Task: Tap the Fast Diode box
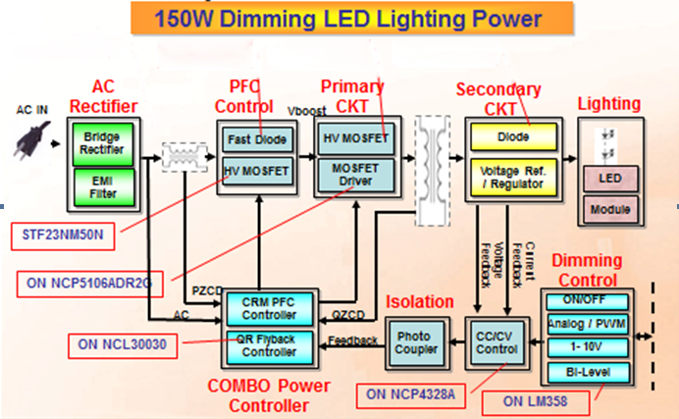(x=257, y=140)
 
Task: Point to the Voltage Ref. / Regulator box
(x=512, y=175)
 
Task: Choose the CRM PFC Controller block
(x=268, y=308)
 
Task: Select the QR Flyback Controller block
(x=268, y=344)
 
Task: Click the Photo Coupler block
(x=413, y=342)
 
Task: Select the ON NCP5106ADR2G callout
(x=87, y=285)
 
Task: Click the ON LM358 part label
(x=537, y=400)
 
